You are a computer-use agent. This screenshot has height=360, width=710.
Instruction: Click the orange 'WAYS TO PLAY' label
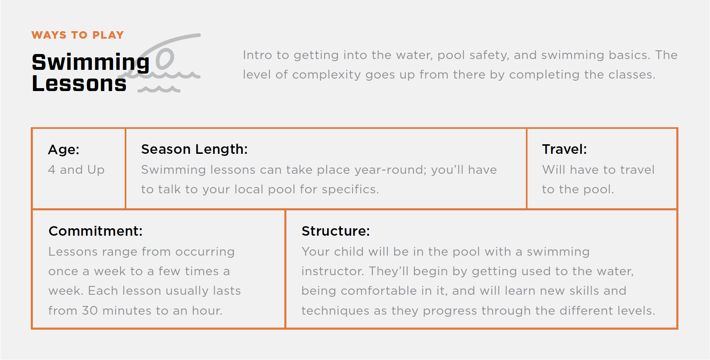pos(78,35)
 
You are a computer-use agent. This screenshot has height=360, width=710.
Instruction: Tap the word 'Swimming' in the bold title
pos(91,62)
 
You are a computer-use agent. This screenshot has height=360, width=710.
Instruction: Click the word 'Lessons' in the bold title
pos(79,84)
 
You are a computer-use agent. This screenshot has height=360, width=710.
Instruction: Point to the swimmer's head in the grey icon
pos(165,59)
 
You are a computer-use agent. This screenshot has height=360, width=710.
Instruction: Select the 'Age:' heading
pos(64,150)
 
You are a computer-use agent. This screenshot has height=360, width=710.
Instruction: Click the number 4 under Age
pos(52,170)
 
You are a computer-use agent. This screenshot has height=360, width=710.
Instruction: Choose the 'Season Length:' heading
pos(194,149)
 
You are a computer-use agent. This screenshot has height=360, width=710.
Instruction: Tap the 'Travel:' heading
pos(564,149)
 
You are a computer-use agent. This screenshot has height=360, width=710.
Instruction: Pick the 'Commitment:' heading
pos(96,231)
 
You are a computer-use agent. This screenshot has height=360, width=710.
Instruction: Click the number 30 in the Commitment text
pos(89,311)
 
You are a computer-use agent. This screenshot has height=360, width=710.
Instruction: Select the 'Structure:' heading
pos(335,231)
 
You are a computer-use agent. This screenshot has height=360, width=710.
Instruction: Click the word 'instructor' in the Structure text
pos(332,271)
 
